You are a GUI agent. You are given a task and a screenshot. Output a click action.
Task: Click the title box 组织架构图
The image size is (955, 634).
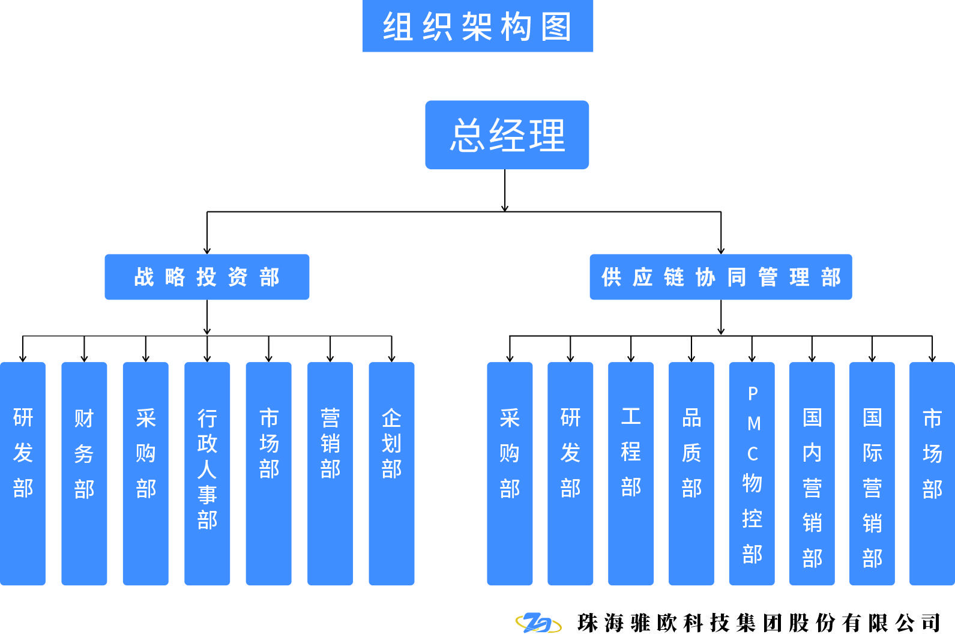click(477, 26)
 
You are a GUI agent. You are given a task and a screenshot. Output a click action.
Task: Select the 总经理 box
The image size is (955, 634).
click(507, 135)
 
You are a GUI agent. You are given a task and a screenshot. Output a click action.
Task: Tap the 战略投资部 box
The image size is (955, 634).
click(206, 277)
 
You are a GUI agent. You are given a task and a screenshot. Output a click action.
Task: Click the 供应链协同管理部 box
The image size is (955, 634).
click(720, 277)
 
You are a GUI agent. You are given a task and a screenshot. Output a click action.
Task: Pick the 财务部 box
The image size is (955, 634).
click(84, 473)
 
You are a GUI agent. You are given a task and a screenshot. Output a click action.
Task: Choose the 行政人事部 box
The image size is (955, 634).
click(207, 473)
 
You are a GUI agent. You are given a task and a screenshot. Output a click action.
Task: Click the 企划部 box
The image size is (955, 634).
click(391, 473)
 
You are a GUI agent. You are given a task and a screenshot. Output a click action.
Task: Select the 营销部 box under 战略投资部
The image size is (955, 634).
click(330, 473)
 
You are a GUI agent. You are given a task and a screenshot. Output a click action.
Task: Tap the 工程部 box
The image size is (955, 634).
click(631, 473)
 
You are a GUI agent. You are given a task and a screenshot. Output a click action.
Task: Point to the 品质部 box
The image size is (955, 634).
click(691, 473)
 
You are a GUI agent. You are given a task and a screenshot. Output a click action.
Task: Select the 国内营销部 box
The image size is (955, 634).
click(812, 473)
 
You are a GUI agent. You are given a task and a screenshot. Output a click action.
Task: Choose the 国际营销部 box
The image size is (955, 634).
click(872, 473)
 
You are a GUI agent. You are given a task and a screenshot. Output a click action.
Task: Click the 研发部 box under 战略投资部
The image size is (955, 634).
click(23, 473)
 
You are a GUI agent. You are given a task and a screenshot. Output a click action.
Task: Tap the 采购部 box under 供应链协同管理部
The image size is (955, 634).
click(510, 473)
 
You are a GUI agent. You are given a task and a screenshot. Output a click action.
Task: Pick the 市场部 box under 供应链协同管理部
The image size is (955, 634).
click(932, 473)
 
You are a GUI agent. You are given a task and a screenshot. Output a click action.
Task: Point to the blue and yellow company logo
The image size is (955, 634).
click(538, 623)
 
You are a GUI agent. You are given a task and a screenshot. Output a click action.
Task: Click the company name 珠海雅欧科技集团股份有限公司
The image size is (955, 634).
click(759, 623)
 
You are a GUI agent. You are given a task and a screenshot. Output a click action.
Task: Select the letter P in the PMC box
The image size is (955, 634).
click(753, 394)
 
